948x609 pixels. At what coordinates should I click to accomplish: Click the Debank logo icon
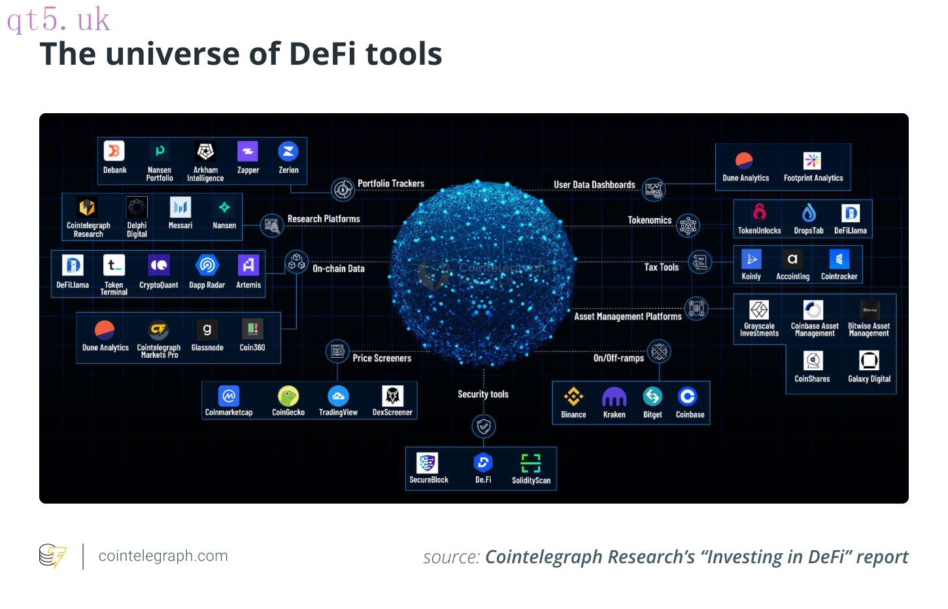[114, 150]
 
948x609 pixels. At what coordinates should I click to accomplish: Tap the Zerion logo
[288, 151]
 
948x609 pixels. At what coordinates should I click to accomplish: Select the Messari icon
[180, 207]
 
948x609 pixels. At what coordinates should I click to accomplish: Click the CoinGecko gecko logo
[288, 396]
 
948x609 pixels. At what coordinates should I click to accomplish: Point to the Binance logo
[573, 396]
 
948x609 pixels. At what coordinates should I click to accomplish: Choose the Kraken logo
[614, 397]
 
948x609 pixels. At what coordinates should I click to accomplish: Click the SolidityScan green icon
[531, 463]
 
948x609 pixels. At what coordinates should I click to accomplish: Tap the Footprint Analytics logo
[812, 160]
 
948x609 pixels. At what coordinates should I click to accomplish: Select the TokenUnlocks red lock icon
[760, 211]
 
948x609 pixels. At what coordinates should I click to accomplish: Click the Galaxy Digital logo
[869, 360]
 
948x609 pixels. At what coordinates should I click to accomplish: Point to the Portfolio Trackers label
[390, 183]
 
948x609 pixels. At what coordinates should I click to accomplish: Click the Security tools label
[483, 394]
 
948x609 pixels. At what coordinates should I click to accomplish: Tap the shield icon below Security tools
[484, 426]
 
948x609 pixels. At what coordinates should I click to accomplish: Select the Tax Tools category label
[662, 268]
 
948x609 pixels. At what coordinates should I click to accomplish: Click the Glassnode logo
[207, 330]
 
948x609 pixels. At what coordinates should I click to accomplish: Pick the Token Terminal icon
[114, 265]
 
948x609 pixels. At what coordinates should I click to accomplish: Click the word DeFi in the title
[322, 54]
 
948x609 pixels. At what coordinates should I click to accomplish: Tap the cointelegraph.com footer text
[163, 555]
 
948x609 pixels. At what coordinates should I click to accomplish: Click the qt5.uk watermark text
[58, 20]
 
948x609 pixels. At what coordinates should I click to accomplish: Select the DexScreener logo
[392, 396]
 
